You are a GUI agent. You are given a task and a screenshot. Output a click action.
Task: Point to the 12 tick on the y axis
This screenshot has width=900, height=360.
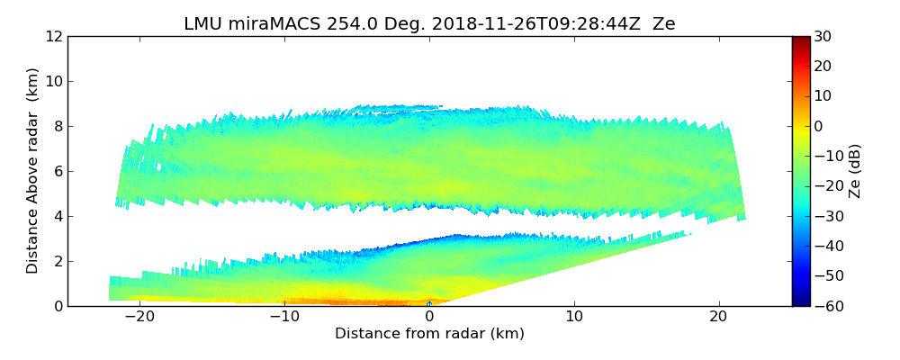52,37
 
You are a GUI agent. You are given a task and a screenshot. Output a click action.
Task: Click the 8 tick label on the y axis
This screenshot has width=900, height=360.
57,127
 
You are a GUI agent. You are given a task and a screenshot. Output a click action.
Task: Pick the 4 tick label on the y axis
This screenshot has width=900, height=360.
57,217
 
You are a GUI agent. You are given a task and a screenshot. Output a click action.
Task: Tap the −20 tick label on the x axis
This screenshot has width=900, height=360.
139,318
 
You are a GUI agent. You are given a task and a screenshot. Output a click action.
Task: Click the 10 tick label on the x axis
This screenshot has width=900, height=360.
574,318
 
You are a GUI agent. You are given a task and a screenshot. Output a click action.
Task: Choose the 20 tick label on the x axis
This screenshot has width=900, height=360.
718,318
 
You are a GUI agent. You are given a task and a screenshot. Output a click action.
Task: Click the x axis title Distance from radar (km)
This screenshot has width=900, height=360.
429,334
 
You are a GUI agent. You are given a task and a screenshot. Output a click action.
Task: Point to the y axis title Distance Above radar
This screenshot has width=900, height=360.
33,171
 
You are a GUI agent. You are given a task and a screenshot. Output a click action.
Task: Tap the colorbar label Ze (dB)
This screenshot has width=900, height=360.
855,171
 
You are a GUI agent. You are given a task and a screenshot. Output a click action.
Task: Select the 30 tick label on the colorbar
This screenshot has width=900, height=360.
823,37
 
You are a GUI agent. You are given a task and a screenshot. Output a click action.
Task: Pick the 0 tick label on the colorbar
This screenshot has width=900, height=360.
819,127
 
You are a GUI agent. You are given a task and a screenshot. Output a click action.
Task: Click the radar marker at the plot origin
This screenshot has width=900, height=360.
429,305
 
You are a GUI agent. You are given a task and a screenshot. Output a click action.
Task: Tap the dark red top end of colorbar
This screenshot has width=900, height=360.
800,40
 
